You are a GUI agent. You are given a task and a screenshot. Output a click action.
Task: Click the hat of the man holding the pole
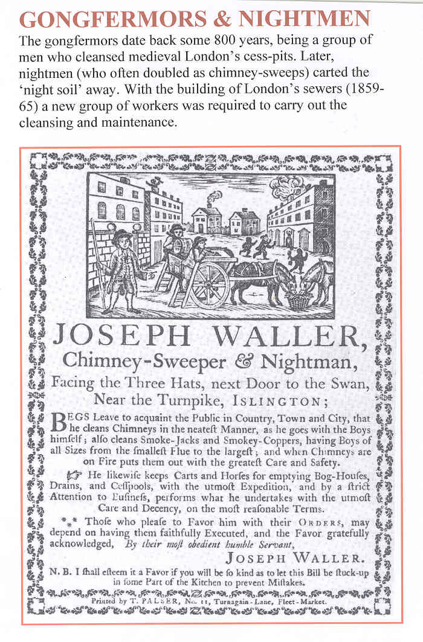click(x=121, y=234)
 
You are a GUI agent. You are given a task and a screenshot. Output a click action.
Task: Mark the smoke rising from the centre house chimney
click(x=216, y=197)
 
